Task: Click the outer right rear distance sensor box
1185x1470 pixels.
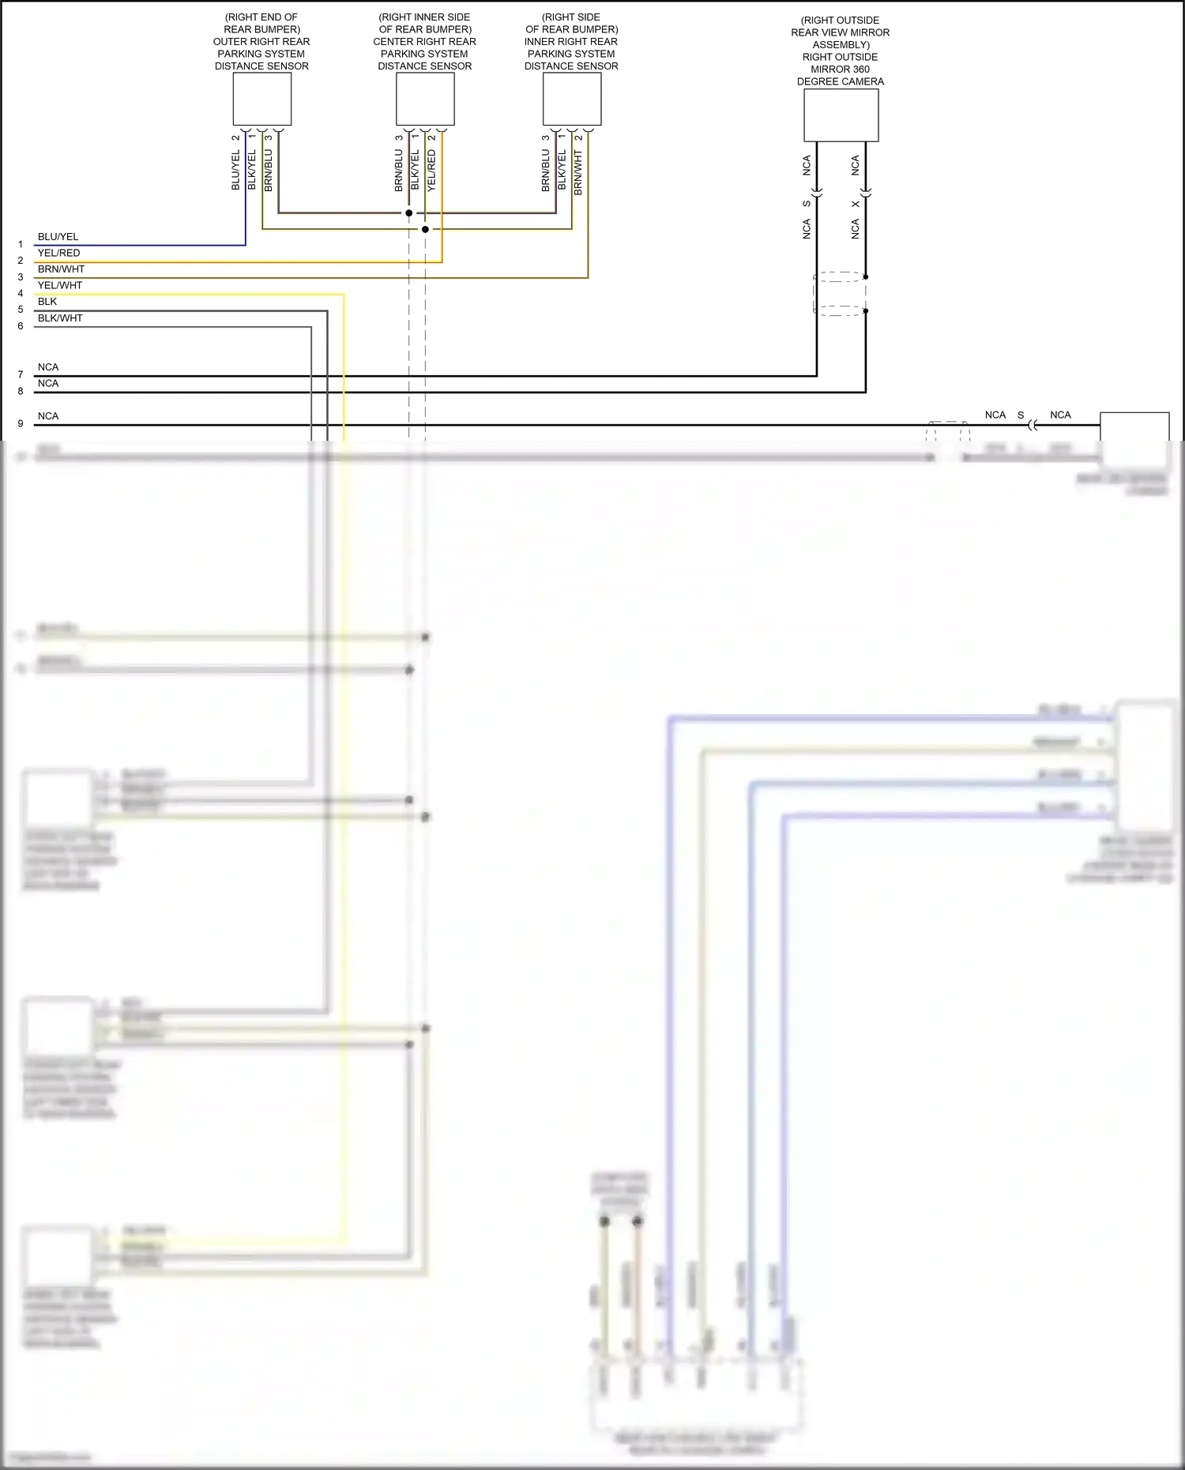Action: pyautogui.click(x=261, y=99)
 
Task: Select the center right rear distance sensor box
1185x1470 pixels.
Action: pyautogui.click(x=425, y=99)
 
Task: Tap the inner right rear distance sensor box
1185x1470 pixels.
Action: pyautogui.click(x=572, y=99)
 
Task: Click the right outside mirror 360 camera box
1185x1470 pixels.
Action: pyautogui.click(x=841, y=115)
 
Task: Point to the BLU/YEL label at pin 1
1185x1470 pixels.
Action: pyautogui.click(x=58, y=237)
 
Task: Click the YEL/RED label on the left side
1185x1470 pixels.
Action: pyautogui.click(x=58, y=253)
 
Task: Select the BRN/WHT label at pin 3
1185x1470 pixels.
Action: pyautogui.click(x=61, y=269)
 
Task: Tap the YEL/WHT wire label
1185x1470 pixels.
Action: pyautogui.click(x=60, y=285)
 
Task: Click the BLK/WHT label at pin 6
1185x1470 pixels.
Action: pyautogui.click(x=60, y=318)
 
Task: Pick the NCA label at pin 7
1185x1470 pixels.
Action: pyautogui.click(x=48, y=367)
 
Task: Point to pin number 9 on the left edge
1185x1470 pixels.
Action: pyautogui.click(x=21, y=424)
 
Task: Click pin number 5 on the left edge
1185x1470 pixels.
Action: pyautogui.click(x=21, y=310)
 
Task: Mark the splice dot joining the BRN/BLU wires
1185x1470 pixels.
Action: pyautogui.click(x=408, y=213)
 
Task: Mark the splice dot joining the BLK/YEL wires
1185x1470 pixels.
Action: pyautogui.click(x=425, y=229)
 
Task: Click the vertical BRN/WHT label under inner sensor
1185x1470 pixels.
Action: pyautogui.click(x=578, y=173)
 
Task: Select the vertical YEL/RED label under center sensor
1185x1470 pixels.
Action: pyautogui.click(x=431, y=171)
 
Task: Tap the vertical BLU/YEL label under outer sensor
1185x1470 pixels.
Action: pyautogui.click(x=235, y=171)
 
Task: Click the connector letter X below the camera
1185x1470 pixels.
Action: pyautogui.click(x=855, y=205)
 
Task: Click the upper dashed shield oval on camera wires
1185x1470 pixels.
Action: pyautogui.click(x=841, y=277)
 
